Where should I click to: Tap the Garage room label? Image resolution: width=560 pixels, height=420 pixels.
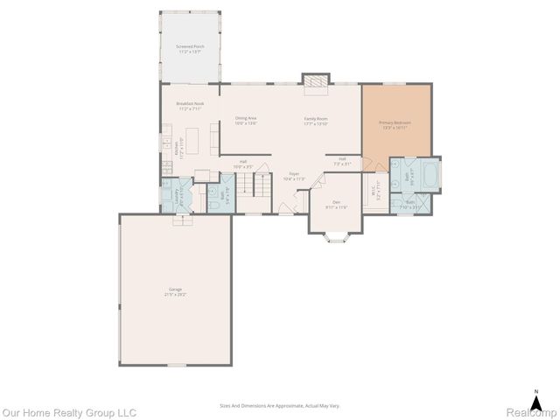coord(174,292)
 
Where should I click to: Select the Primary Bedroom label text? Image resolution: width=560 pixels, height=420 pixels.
coord(395,124)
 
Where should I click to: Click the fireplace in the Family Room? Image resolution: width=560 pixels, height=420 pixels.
coord(314,80)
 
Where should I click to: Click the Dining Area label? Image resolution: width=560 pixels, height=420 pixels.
coord(246,120)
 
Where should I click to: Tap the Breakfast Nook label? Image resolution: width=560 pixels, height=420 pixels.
coord(190,106)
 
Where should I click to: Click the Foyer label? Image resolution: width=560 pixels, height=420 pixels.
coord(295,176)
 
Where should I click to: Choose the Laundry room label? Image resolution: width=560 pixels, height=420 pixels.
coord(178,193)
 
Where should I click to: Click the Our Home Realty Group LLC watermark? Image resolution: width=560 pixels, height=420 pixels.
coord(69,412)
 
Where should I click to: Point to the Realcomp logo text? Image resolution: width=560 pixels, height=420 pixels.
coord(530,412)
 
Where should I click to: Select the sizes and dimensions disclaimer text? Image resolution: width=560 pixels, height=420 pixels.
coord(279,406)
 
